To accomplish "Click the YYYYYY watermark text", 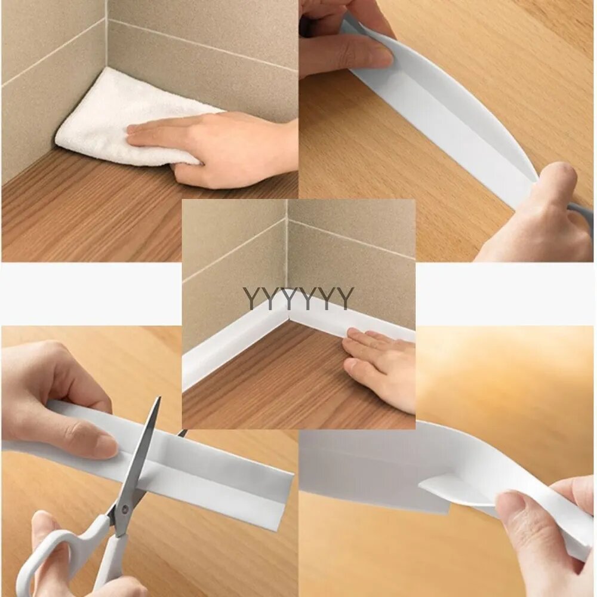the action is (298, 298).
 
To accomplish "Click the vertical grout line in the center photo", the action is (287, 251).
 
